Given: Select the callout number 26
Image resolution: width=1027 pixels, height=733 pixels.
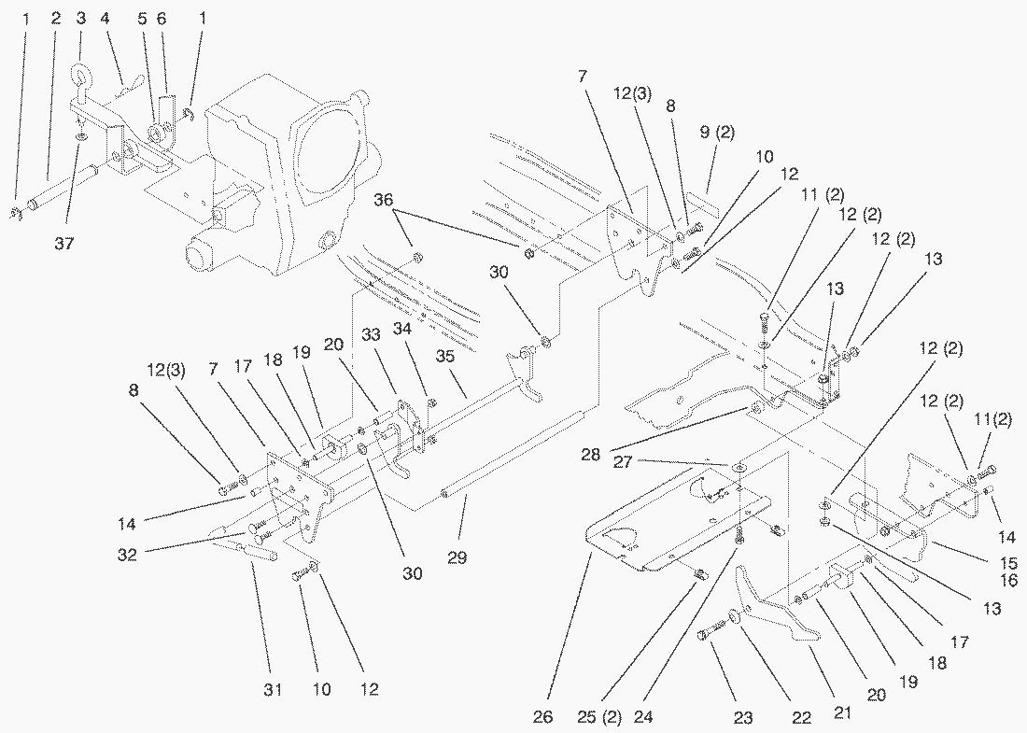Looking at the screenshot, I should pyautogui.click(x=544, y=717).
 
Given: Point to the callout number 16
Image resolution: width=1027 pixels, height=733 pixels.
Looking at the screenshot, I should pyautogui.click(x=983, y=581).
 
